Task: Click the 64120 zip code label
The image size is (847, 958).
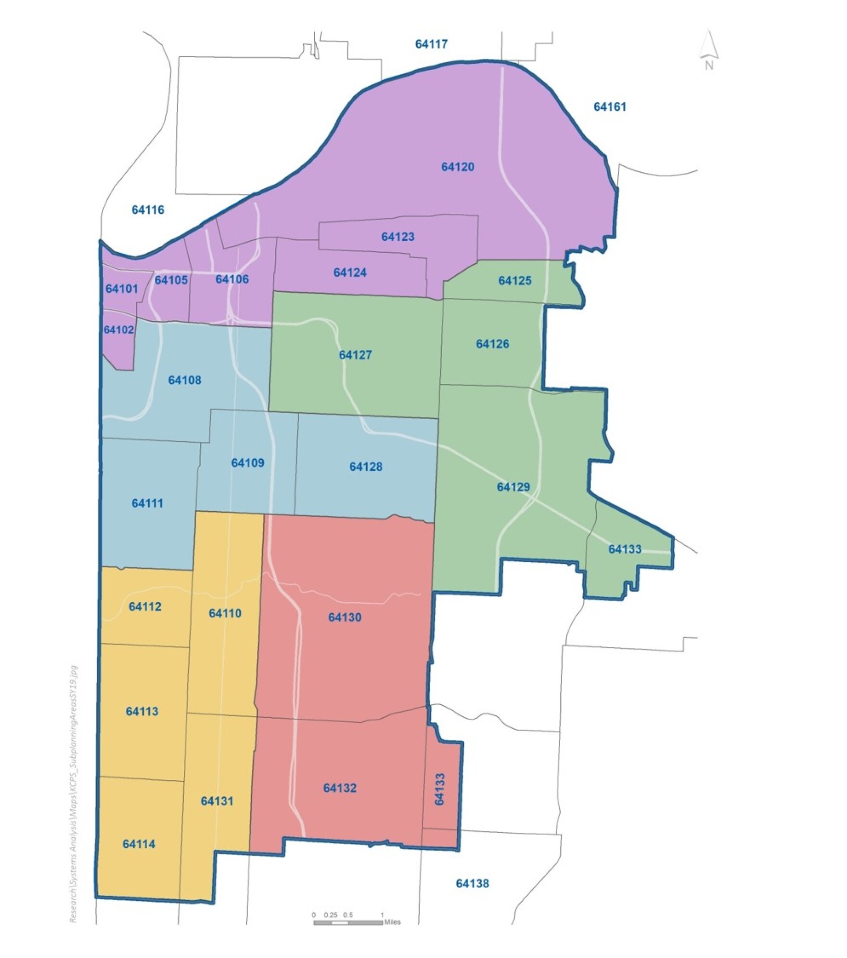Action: (x=458, y=167)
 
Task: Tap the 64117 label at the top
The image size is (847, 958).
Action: (x=431, y=44)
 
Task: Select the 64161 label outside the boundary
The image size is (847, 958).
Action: (x=610, y=107)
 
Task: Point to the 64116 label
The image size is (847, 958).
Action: (x=148, y=210)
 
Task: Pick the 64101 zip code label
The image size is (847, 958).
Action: (x=122, y=288)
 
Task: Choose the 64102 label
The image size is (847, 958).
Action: (x=119, y=330)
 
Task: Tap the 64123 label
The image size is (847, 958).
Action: (x=398, y=237)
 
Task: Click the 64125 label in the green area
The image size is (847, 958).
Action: (x=515, y=281)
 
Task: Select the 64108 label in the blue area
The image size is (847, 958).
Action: (x=184, y=380)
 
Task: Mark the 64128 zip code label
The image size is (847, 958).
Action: (x=366, y=466)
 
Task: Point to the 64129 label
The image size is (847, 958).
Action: (x=513, y=487)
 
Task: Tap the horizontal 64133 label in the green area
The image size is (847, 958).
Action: (x=625, y=549)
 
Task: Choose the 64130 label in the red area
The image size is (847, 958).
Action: (x=345, y=618)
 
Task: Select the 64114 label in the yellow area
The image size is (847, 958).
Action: (x=139, y=844)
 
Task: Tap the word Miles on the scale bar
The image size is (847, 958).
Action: (x=392, y=922)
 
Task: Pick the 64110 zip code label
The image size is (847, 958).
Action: (x=225, y=613)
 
